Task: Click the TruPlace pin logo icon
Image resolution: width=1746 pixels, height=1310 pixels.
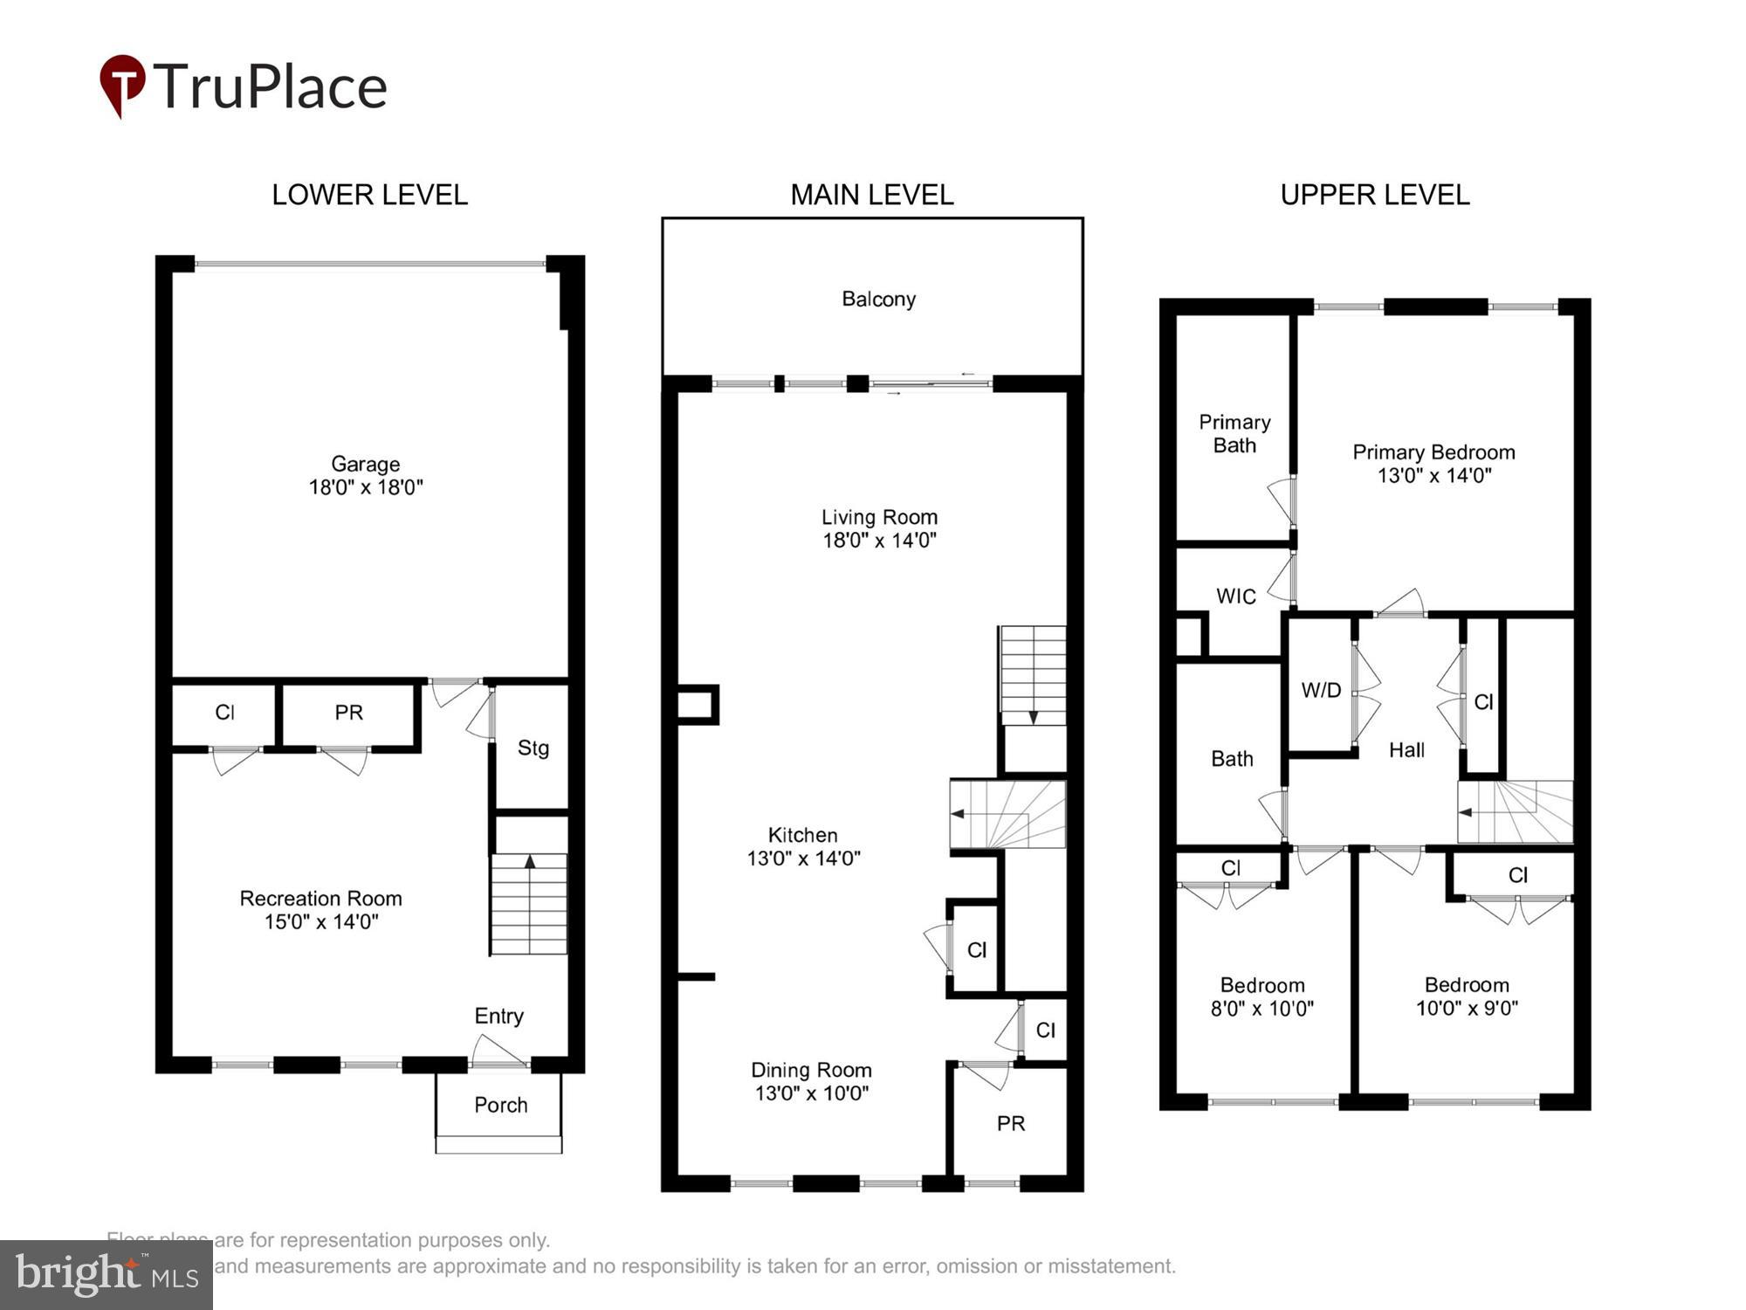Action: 122,84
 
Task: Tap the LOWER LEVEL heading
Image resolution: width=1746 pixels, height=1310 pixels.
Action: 369,194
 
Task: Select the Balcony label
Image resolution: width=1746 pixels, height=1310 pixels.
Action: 878,300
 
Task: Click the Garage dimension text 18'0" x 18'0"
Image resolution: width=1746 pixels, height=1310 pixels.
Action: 365,487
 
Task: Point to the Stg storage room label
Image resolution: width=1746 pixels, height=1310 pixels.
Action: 533,748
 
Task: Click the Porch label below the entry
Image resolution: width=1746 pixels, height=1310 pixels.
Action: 500,1105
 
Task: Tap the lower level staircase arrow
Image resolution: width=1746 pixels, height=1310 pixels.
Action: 529,863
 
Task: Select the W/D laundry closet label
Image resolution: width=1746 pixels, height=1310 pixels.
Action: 1321,690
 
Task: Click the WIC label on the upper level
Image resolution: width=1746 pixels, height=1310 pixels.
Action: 1235,596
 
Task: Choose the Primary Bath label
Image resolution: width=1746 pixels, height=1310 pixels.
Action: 1234,433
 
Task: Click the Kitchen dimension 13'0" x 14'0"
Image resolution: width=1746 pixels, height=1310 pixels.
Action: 803,858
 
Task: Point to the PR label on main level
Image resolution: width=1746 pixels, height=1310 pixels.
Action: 1010,1123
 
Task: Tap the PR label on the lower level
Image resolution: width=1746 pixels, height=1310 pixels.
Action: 348,713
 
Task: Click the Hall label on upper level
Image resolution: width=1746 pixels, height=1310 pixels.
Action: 1406,749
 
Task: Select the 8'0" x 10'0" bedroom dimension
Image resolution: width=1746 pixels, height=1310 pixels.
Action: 1261,1009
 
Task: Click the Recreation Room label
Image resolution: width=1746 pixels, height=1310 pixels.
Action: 320,899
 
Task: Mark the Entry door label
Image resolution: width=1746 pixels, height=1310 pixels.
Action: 498,1016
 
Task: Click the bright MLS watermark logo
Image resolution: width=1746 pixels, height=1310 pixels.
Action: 107,1275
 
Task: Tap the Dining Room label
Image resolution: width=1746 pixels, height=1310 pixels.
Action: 811,1070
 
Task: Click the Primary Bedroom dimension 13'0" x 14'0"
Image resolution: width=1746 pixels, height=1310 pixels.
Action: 1433,476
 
